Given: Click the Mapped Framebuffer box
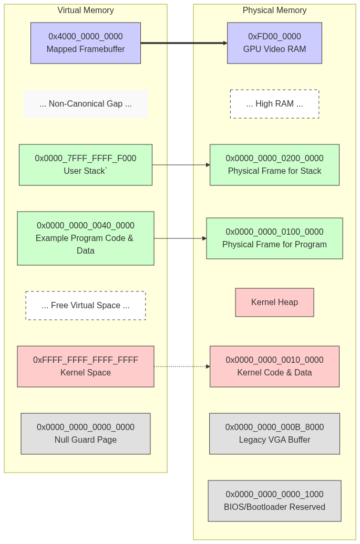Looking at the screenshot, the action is pos(85,43).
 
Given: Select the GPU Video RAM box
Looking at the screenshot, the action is pos(275,43).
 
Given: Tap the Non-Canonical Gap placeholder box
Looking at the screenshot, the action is pos(86,104).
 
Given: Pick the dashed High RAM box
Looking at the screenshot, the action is pos(275,104).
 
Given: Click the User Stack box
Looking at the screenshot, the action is pos(85,165).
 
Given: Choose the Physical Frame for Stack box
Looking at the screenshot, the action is pos(275,165).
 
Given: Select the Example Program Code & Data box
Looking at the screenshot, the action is pos(85,238).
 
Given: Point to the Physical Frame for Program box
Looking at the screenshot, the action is pos(275,238).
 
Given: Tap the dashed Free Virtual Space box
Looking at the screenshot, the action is pos(85,305).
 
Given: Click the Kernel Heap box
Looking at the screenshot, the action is pos(275,302).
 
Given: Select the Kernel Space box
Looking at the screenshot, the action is pos(85,367).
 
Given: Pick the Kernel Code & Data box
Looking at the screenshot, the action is pos(275,367).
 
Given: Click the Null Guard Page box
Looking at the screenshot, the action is pos(85,434).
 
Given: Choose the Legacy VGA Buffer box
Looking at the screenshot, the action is pos(275,434).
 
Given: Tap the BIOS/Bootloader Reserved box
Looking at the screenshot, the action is pos(275,500).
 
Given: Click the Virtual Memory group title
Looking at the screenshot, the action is pos(85,11).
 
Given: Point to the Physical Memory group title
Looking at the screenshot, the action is pos(275,11).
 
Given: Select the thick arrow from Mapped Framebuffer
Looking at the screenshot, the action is pos(184,43).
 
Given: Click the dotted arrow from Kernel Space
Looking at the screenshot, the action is pos(182,367).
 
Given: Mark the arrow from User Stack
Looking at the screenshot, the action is pos(181,165).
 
